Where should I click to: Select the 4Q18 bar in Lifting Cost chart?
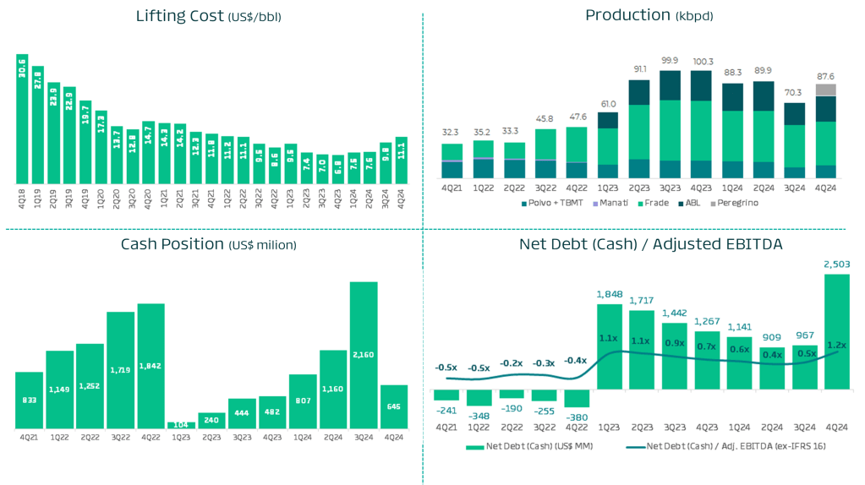[x=22, y=119]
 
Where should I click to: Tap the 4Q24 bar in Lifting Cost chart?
[x=401, y=161]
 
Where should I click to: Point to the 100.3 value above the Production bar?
[x=702, y=61]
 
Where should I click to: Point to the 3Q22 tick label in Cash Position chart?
[x=121, y=437]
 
